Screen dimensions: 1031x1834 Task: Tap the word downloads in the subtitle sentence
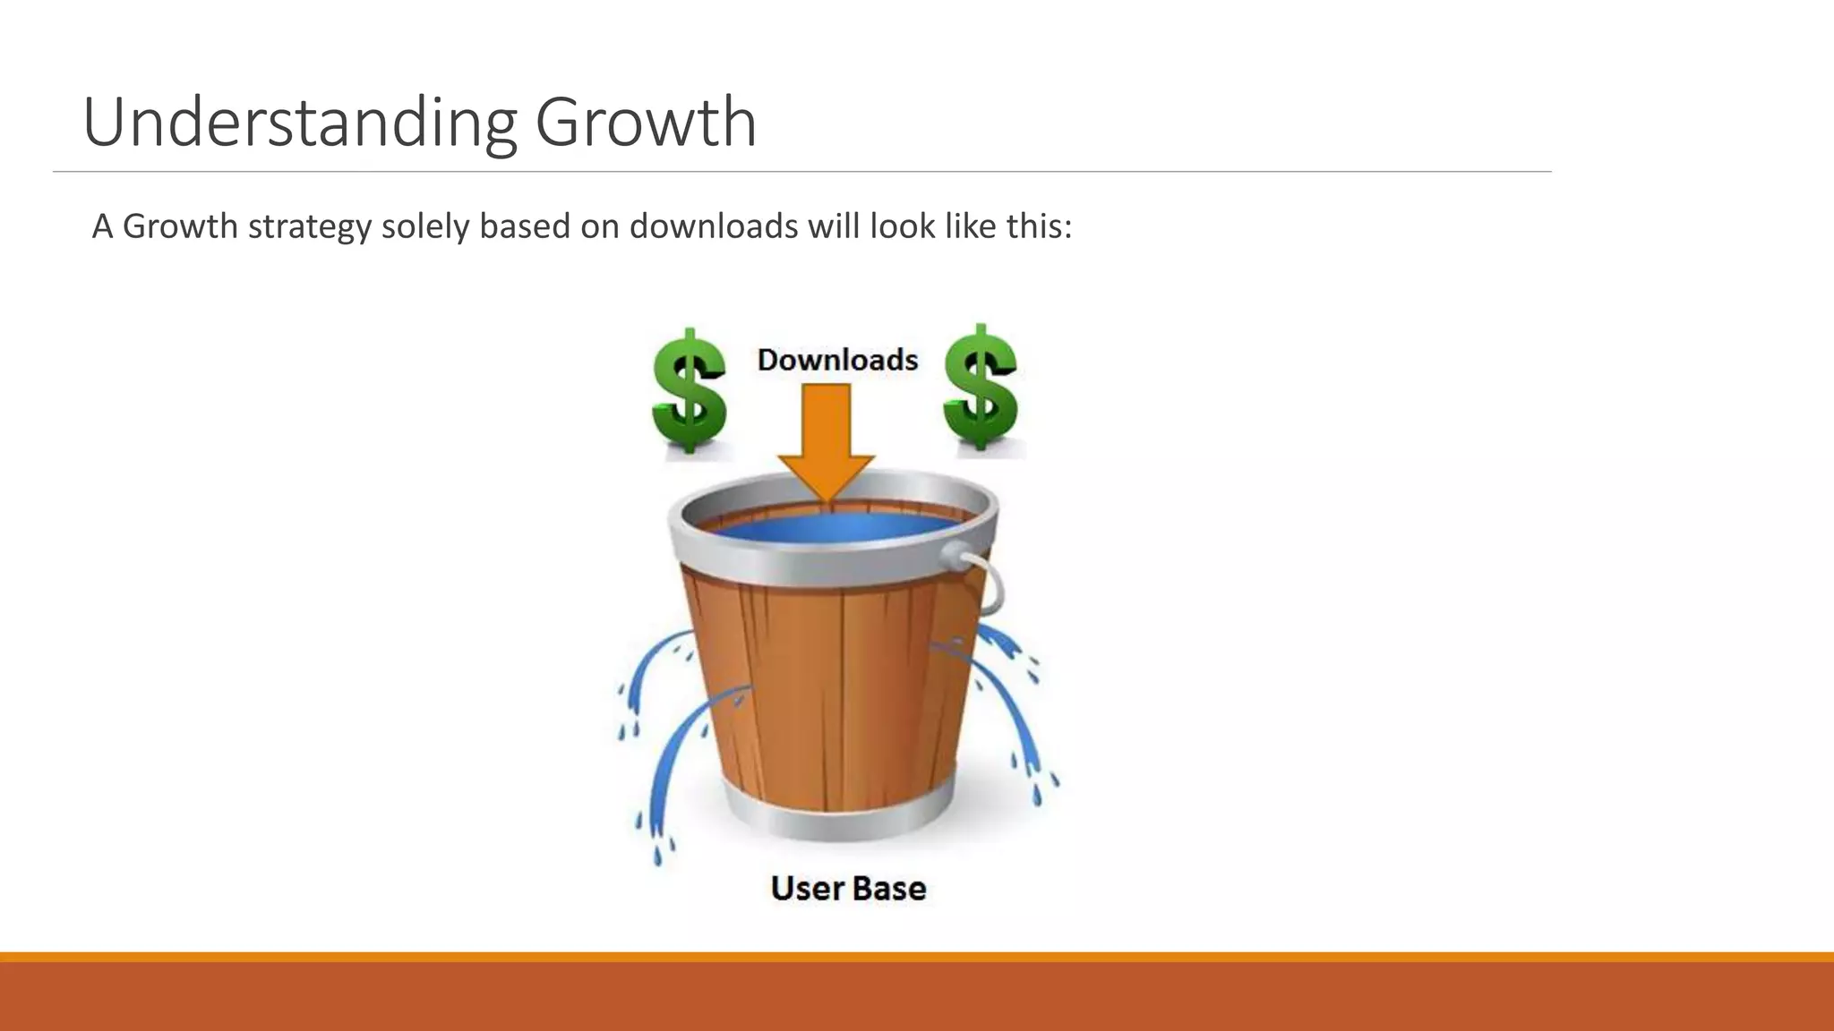(713, 226)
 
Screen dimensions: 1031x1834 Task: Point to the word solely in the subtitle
(425, 227)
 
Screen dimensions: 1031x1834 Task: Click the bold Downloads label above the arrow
(837, 360)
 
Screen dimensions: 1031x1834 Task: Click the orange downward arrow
(826, 439)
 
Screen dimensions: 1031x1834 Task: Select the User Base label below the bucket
(848, 889)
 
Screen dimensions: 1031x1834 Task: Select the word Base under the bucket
(888, 889)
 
